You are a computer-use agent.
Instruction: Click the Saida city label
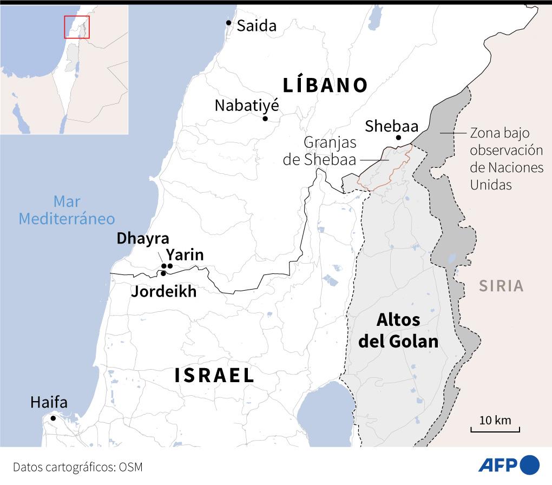coord(257,25)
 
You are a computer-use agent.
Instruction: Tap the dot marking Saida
coord(229,23)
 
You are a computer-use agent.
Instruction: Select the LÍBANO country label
coord(325,85)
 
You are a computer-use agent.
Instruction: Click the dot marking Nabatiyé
coord(265,119)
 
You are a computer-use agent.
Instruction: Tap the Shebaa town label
coord(391,126)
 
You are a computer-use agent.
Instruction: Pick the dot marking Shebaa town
coord(398,138)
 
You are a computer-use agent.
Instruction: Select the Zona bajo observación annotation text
coord(506,159)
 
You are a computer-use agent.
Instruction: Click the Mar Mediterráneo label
coord(67,210)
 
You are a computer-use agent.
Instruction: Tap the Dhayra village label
coord(143,239)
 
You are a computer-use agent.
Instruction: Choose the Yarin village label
coord(185,254)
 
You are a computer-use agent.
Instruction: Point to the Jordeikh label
coord(163,292)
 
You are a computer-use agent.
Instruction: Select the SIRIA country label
coord(501,285)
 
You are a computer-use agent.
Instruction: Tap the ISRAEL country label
coord(214,375)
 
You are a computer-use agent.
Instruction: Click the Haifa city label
coord(49,403)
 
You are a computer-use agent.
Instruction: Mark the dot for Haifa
coord(53,418)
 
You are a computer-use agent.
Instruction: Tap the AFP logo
coord(509,465)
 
